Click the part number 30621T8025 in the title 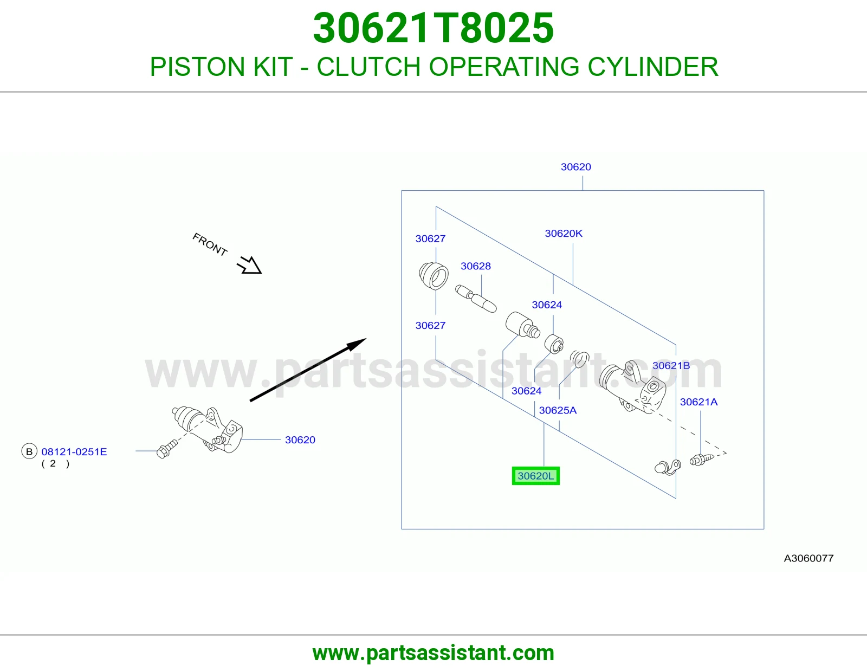point(433,28)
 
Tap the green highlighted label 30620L point(535,476)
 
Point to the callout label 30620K point(564,234)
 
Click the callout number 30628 point(476,266)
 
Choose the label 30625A point(558,410)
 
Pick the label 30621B point(671,365)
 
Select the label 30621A point(698,402)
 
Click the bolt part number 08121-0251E point(74,452)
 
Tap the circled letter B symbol point(29,451)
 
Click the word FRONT point(210,244)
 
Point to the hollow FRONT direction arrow point(250,266)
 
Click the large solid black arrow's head point(357,344)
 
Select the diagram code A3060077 point(808,558)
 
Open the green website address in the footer point(433,653)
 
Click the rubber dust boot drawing point(433,276)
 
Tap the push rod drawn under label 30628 point(476,299)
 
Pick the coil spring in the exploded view point(579,359)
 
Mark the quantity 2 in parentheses point(53,464)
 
